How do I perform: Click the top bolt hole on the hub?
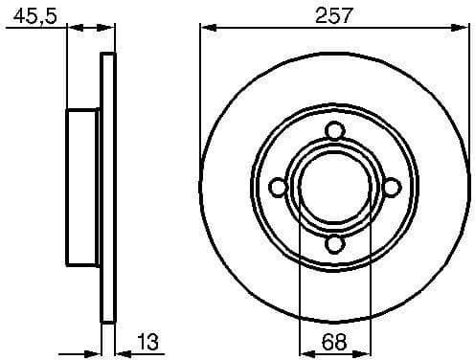(x=333, y=131)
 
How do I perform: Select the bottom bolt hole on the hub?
(x=333, y=244)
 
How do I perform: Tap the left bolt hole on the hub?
(x=278, y=188)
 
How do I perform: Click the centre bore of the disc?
(x=333, y=188)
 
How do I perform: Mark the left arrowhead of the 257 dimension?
(x=206, y=29)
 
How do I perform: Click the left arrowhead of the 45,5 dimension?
(x=72, y=29)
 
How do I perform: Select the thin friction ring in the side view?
(x=108, y=188)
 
